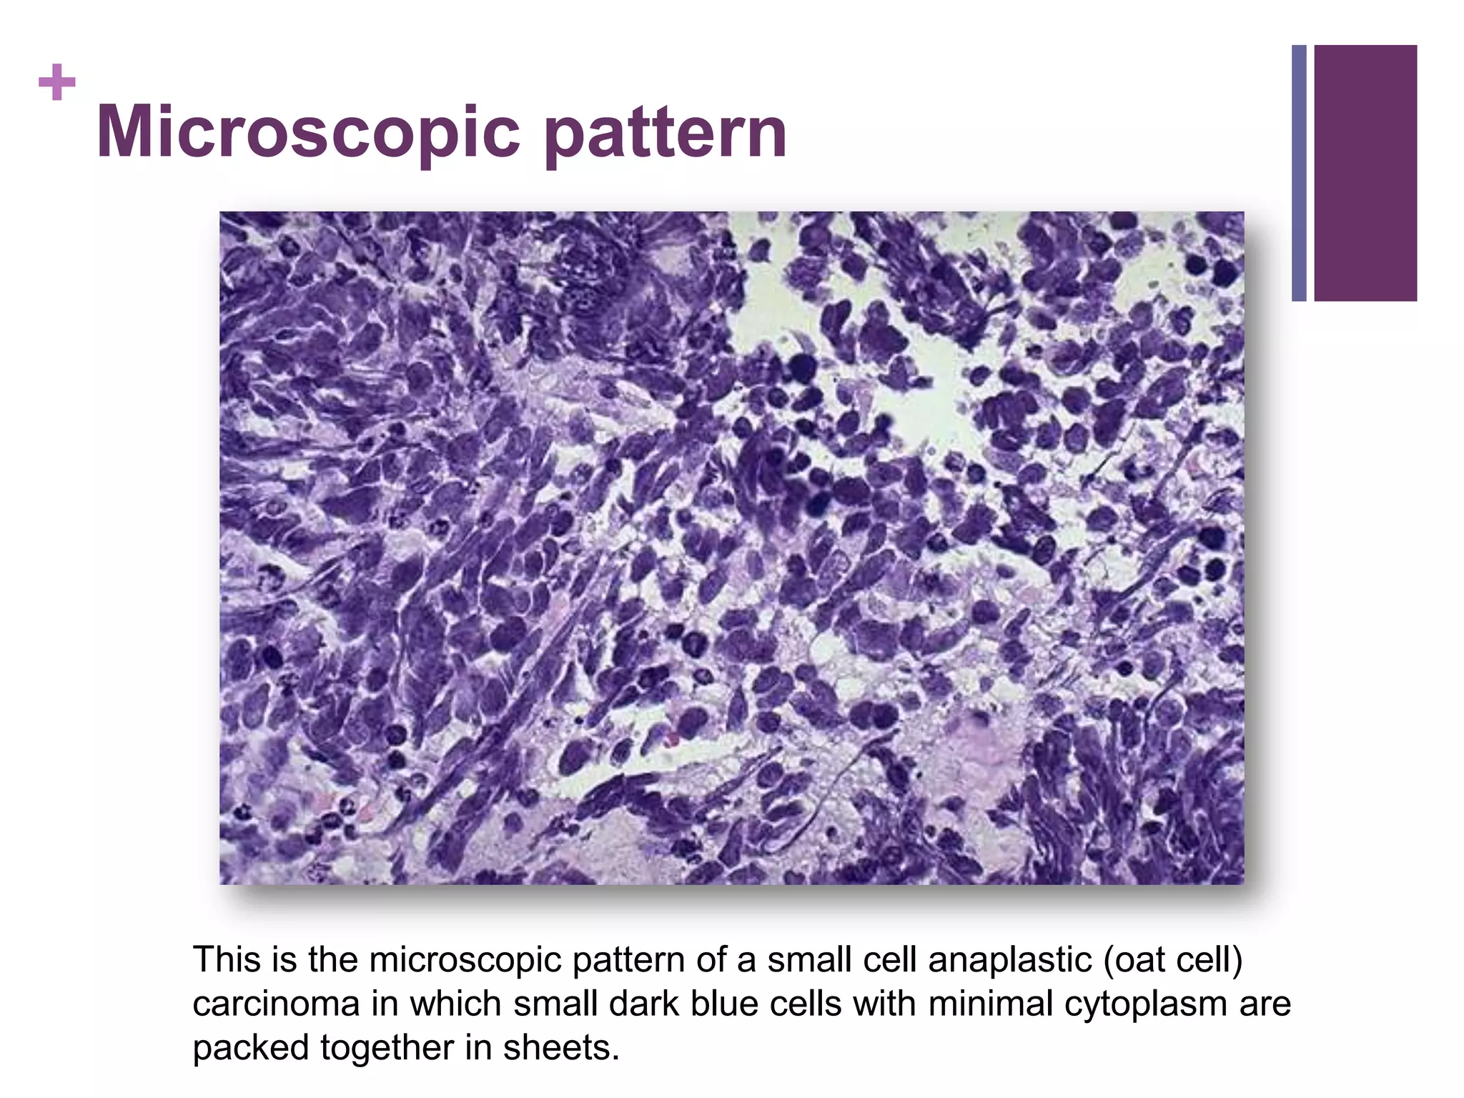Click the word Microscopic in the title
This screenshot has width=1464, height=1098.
(x=307, y=132)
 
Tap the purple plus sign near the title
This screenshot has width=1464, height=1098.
(x=57, y=82)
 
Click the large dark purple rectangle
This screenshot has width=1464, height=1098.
(x=1365, y=173)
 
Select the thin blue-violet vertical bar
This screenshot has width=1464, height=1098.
(x=1299, y=173)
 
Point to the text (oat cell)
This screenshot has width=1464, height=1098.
(x=1173, y=960)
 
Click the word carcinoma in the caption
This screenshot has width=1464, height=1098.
(x=275, y=1004)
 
